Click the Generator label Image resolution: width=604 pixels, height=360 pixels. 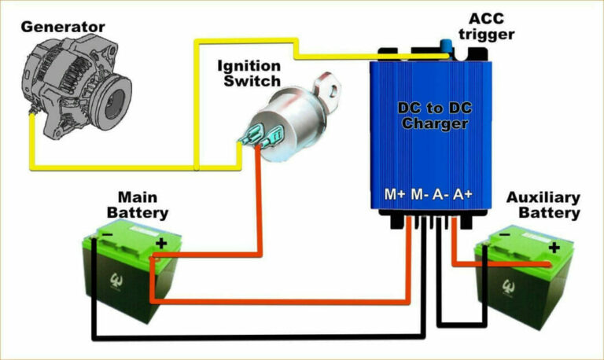(63, 27)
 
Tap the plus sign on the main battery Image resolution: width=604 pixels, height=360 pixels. (161, 244)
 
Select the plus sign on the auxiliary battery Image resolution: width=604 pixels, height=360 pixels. (554, 248)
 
